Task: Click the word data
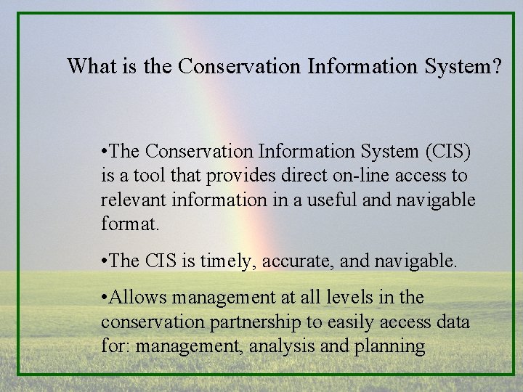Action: [453, 322]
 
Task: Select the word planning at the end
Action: [391, 346]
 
